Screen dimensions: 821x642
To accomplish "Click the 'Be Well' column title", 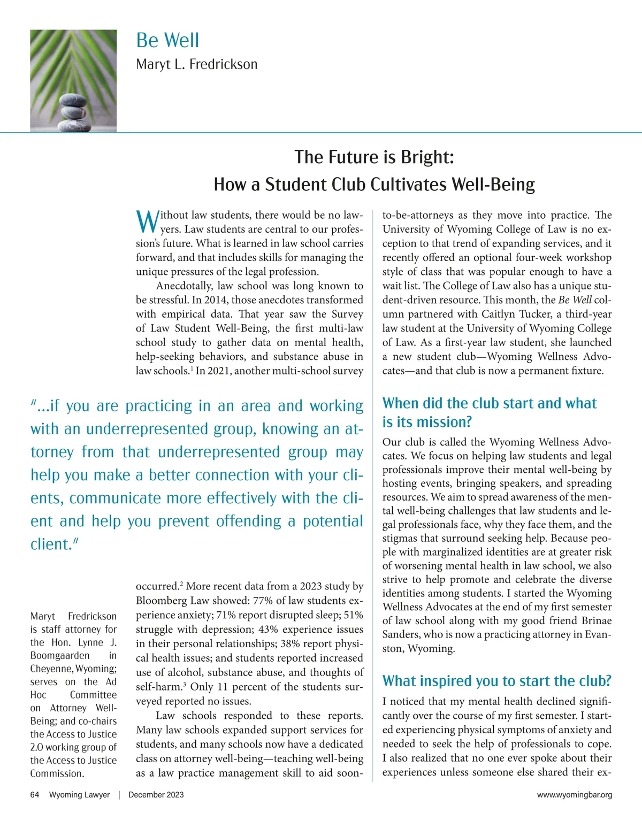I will pyautogui.click(x=167, y=40).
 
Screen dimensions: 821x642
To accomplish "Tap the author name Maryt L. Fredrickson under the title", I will pyautogui.click(x=196, y=65).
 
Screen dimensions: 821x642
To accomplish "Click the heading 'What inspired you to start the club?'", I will pyautogui.click(x=496, y=681).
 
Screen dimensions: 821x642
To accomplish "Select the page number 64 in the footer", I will pyautogui.click(x=35, y=795).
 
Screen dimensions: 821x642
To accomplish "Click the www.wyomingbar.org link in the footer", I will pyautogui.click(x=574, y=795).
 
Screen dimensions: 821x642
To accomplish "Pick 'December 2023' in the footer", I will pyautogui.click(x=156, y=795).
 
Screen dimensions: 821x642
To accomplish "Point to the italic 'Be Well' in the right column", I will pyautogui.click(x=575, y=300).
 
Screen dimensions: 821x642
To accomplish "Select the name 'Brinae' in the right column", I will pyautogui.click(x=594, y=620).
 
